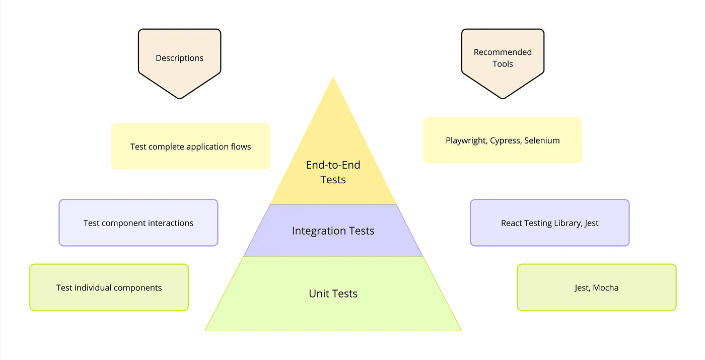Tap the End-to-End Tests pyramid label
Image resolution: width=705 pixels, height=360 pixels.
(x=333, y=172)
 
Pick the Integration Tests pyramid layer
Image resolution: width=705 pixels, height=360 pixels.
(x=333, y=231)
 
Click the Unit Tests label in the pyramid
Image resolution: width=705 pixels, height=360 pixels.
(x=333, y=294)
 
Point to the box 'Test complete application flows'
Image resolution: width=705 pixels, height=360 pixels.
(x=190, y=147)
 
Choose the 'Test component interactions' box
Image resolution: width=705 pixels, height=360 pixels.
(x=138, y=223)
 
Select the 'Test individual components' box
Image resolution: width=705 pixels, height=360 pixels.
(x=109, y=288)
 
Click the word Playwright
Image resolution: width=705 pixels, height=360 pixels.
(x=466, y=140)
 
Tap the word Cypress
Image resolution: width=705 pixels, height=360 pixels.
(x=505, y=140)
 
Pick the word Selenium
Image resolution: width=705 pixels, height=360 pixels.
(x=542, y=140)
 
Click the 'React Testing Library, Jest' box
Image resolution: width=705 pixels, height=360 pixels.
(x=549, y=223)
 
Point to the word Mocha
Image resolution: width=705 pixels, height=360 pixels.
(x=606, y=288)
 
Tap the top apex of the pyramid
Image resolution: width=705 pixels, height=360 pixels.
(x=333, y=79)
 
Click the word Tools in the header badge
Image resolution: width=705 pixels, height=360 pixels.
(x=503, y=64)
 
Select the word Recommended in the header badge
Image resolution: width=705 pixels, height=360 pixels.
(x=503, y=52)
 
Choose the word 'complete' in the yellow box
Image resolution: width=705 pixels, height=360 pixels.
(x=166, y=147)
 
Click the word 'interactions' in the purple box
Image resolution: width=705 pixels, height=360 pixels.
(x=169, y=223)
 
